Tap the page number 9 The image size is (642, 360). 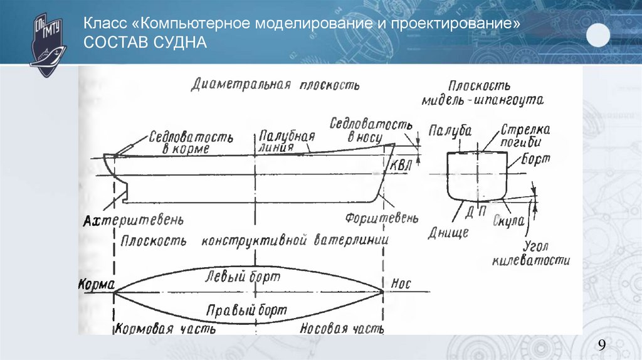[602, 345]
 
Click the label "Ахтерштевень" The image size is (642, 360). [134, 221]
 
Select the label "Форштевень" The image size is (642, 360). [381, 218]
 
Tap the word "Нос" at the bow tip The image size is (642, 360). [401, 283]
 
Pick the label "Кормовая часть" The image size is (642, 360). [166, 329]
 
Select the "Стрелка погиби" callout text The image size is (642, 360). [525, 134]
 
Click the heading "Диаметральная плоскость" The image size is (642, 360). [275, 85]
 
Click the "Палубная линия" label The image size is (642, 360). [285, 142]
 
